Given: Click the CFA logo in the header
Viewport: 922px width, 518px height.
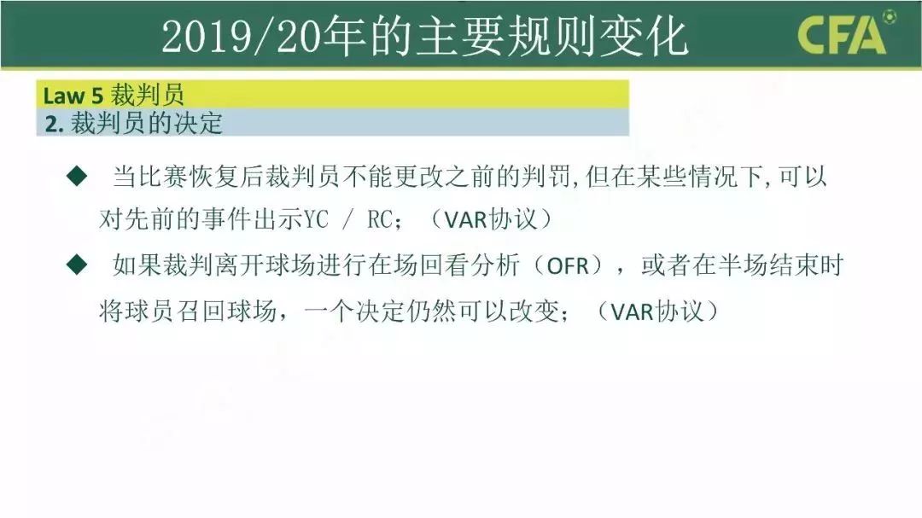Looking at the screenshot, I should pyautogui.click(x=842, y=37).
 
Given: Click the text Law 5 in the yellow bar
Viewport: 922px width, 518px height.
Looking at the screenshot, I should pyautogui.click(x=74, y=94).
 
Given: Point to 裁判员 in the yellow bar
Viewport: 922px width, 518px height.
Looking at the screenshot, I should pyautogui.click(x=148, y=94).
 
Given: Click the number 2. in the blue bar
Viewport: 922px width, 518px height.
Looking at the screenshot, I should pyautogui.click(x=55, y=124).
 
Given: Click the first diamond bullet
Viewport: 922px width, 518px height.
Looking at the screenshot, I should pyautogui.click(x=77, y=178).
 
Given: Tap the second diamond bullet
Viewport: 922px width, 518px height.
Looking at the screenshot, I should pyautogui.click(x=77, y=265).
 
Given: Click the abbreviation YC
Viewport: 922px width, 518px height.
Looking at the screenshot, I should pyautogui.click(x=317, y=220).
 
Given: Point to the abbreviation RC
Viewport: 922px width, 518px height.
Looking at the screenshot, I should pyautogui.click(x=380, y=220).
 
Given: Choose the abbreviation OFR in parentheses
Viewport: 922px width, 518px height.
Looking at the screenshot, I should pyautogui.click(x=568, y=266).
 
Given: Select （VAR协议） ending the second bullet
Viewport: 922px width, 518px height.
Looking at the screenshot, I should pyautogui.click(x=662, y=311).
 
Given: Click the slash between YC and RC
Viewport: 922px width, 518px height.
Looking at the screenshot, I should pyautogui.click(x=348, y=220).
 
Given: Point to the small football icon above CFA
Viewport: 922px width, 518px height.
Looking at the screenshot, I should pyautogui.click(x=889, y=15).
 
